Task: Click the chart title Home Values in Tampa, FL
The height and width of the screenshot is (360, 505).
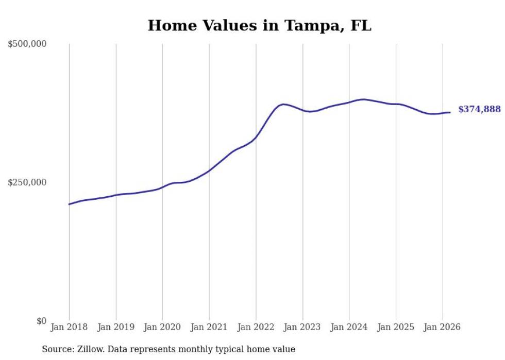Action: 259,25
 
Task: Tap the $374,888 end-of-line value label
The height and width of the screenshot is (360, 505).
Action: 479,109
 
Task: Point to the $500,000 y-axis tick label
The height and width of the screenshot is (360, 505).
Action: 27,44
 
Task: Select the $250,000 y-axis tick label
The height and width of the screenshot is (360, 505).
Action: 27,182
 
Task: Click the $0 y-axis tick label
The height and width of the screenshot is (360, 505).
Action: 41,321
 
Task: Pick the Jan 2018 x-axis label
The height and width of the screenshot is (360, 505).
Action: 69,327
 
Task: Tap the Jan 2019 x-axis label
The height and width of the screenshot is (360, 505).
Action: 116,327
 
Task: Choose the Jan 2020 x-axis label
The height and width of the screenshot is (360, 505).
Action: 162,327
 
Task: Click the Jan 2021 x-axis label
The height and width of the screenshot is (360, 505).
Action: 209,327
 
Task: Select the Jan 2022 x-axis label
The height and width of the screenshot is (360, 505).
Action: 256,327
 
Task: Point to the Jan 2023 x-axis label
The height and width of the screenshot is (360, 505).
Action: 302,327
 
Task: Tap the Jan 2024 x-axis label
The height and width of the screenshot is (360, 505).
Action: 349,327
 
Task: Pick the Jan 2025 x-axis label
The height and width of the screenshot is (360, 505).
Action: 396,327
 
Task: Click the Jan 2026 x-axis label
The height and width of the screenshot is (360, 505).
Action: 442,327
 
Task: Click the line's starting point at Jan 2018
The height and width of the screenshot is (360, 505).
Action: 70,204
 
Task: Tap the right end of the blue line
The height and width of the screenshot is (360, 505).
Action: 450,112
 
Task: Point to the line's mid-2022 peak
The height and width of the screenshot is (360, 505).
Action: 283,105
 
